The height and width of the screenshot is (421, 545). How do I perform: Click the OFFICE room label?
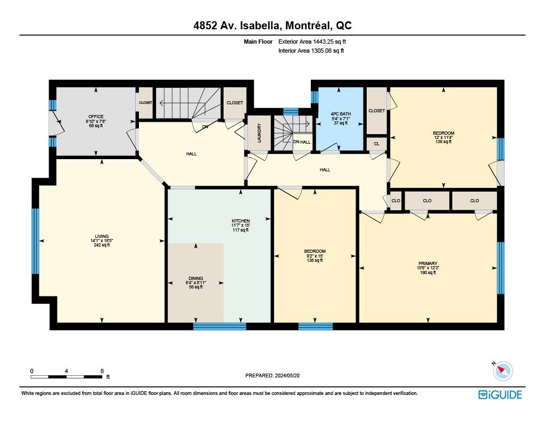96,117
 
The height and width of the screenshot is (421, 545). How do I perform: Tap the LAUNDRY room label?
259,133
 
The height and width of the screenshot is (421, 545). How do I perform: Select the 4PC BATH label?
341,114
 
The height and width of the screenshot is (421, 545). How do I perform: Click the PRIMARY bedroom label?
428,263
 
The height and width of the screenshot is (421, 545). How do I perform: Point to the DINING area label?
196,278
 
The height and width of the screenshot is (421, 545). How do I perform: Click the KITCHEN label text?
241,221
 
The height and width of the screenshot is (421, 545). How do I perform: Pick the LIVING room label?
102,236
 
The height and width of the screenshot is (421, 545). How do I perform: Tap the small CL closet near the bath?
377,144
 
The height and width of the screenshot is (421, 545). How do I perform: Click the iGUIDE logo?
500,394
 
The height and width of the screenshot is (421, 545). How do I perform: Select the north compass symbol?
502,371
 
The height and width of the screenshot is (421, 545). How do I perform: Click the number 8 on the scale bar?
102,371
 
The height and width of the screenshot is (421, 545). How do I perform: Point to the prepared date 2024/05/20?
287,375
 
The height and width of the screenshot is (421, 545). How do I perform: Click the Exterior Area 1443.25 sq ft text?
312,42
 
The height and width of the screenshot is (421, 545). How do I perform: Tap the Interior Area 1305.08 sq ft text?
311,51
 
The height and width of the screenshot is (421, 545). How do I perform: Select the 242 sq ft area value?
102,245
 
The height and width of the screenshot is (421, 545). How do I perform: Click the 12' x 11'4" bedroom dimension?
443,137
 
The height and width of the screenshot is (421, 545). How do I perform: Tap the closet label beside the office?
146,103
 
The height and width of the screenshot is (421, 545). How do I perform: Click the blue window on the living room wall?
36,241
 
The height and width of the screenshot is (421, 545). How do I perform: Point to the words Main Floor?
258,42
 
